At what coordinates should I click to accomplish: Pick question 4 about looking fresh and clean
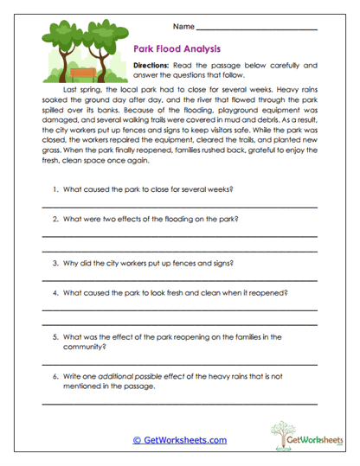click(x=173, y=292)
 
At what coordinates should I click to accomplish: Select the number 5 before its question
click(x=55, y=335)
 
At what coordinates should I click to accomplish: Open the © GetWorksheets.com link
click(x=180, y=439)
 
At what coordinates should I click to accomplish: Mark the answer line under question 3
click(x=179, y=280)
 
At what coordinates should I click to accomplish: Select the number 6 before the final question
click(x=55, y=378)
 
